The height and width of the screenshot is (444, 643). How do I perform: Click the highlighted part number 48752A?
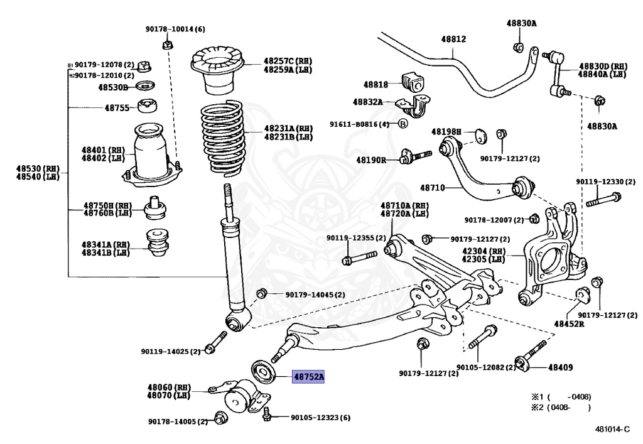pyautogui.click(x=308, y=377)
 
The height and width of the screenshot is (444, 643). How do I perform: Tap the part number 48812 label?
pyautogui.click(x=453, y=38)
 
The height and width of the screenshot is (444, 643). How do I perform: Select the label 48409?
pyautogui.click(x=561, y=367)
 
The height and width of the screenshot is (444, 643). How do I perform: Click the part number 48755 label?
pyautogui.click(x=117, y=107)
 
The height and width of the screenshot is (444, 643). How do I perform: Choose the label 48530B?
pyautogui.click(x=113, y=87)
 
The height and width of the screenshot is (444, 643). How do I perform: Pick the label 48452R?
pyautogui.click(x=568, y=324)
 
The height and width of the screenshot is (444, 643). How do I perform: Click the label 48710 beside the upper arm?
pyautogui.click(x=432, y=188)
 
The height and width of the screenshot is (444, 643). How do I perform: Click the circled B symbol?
pyautogui.click(x=403, y=123)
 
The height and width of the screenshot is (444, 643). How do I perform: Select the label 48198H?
pyautogui.click(x=446, y=132)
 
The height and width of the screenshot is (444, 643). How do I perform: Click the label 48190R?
pyautogui.click(x=371, y=160)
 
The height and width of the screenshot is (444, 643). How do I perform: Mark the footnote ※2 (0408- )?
pyautogui.click(x=561, y=408)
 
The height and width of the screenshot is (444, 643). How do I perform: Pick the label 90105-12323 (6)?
pyautogui.click(x=320, y=418)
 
